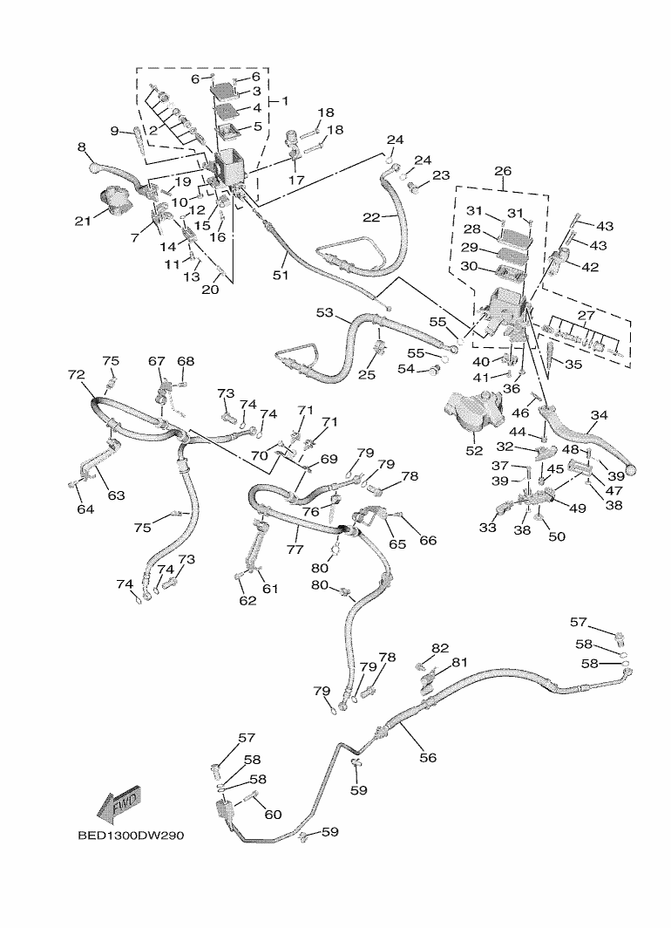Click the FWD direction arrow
click(x=119, y=806)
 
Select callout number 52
click(x=474, y=450)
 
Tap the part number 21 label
click(x=83, y=222)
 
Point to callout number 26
click(x=503, y=171)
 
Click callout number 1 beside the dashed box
click(x=284, y=101)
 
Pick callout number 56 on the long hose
click(x=427, y=758)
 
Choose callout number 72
click(x=77, y=375)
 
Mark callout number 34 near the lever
click(x=599, y=415)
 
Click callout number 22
click(x=372, y=216)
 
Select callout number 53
click(x=325, y=312)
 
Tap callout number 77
click(x=295, y=549)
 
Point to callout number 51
click(x=280, y=275)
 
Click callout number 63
click(x=115, y=495)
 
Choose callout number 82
click(x=440, y=648)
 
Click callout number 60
click(x=273, y=815)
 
